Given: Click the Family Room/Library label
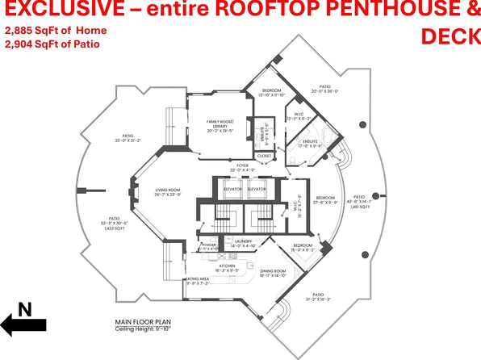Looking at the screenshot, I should point(220,123).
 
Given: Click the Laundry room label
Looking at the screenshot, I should point(243,241).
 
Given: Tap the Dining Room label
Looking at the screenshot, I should point(273,270).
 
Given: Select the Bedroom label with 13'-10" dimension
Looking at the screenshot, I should point(272,91).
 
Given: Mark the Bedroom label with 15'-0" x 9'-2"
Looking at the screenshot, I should point(303,245).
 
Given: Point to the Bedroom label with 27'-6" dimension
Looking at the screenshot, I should point(325,198).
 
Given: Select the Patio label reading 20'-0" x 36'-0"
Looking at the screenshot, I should point(324,86).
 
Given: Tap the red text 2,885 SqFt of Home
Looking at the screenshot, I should point(56,30).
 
